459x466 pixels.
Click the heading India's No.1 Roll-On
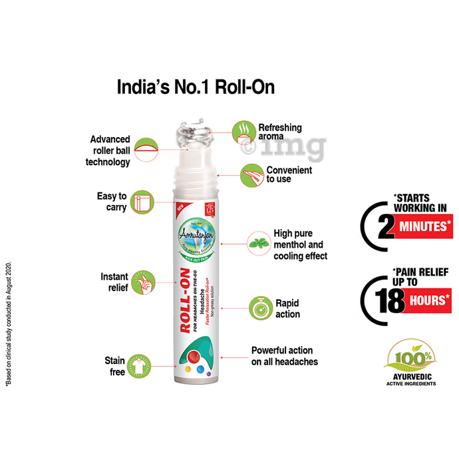point(196,87)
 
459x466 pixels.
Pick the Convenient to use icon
point(251,175)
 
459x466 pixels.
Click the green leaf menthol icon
point(257,244)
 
